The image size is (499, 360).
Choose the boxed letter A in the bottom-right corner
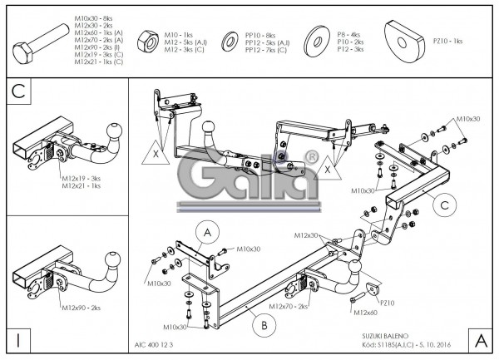[479, 339]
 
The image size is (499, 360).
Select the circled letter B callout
[264, 325]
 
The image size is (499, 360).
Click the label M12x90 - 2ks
[81, 308]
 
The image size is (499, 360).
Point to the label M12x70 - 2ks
[289, 307]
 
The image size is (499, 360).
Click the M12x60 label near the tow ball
[365, 313]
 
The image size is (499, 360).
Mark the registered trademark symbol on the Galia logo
[310, 157]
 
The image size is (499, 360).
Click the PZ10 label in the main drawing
[384, 303]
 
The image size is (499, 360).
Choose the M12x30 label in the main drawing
[305, 235]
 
